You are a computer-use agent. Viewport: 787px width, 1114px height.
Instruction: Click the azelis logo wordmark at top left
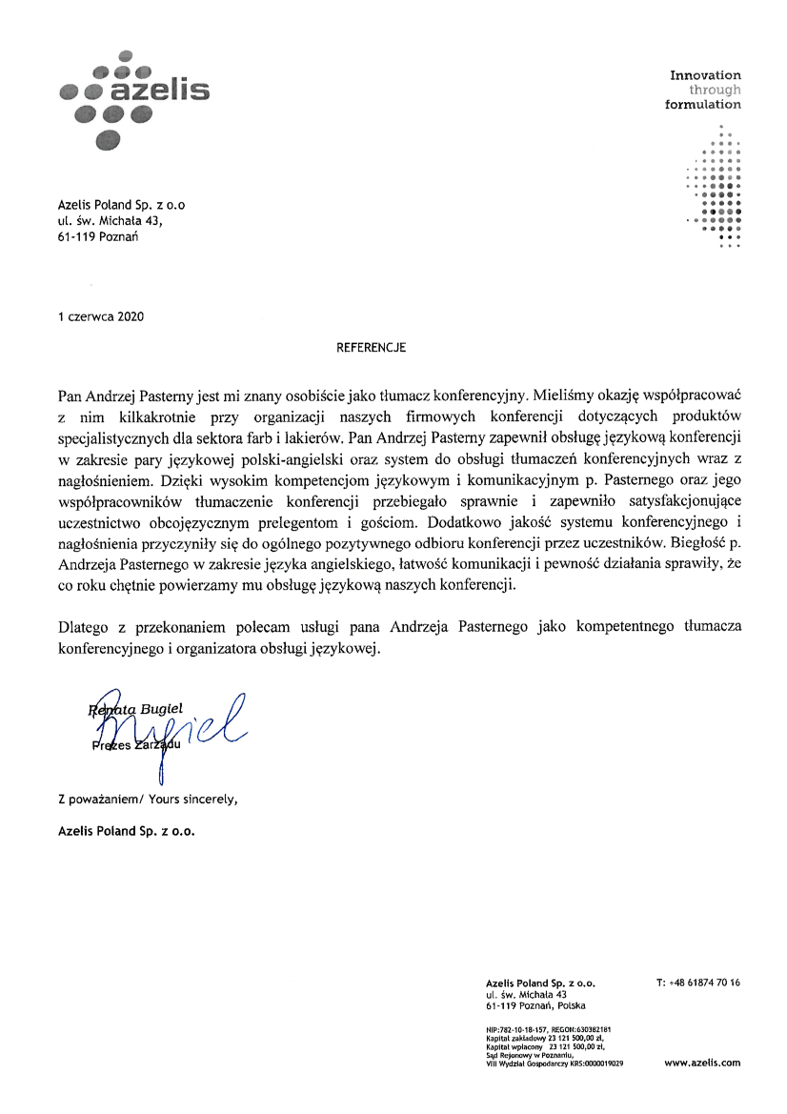[x=160, y=91]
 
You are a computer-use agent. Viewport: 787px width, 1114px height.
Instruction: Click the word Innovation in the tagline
[x=705, y=74]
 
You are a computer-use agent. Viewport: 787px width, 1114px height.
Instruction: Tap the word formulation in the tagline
[x=702, y=105]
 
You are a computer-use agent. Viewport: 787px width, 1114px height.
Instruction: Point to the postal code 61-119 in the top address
[x=76, y=236]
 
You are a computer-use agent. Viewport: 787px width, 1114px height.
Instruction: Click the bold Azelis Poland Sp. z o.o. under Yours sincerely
[x=127, y=830]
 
